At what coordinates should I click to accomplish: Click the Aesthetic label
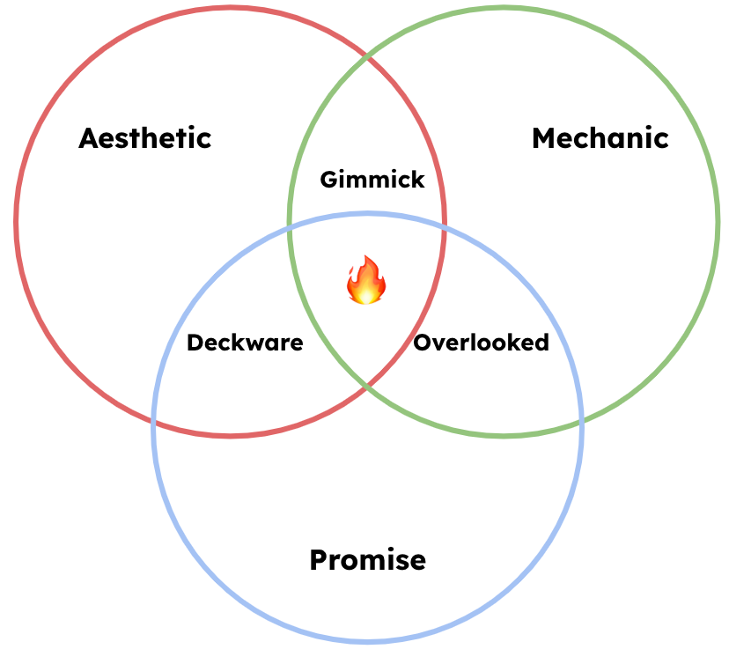click(x=145, y=138)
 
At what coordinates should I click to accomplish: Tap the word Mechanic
click(x=600, y=138)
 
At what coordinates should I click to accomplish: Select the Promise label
click(x=367, y=560)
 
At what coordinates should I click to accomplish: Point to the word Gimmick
click(x=372, y=180)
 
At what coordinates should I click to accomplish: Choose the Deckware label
click(x=245, y=343)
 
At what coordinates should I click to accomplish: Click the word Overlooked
click(x=481, y=343)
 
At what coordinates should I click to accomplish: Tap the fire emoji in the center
click(x=366, y=281)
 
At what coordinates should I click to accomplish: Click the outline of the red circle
click(x=16, y=220)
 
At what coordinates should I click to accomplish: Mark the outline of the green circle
click(x=718, y=220)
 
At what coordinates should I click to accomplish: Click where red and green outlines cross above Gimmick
click(x=367, y=54)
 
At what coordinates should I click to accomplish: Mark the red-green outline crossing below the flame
click(x=367, y=387)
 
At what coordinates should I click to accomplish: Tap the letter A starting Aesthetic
click(x=88, y=138)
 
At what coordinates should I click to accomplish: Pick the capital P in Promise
click(x=319, y=560)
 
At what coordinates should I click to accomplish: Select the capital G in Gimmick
click(x=328, y=180)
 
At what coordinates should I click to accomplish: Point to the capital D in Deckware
click(x=195, y=343)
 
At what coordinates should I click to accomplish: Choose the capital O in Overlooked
click(x=422, y=343)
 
